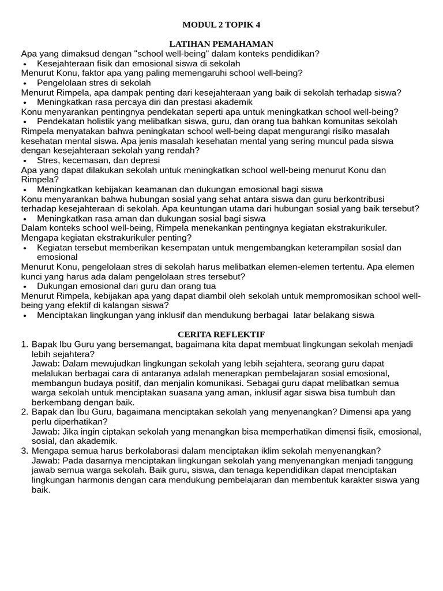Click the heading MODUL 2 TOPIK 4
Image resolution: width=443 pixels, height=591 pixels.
pos(221,24)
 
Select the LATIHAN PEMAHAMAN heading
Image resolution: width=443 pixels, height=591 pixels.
pos(221,44)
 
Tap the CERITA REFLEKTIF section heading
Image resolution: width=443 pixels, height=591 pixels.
pos(221,335)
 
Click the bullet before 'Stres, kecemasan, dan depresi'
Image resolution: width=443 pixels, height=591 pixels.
pos(25,161)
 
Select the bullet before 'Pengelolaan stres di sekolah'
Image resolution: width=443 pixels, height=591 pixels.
pos(25,83)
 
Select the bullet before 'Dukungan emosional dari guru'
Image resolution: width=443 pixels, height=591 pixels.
pos(25,286)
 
